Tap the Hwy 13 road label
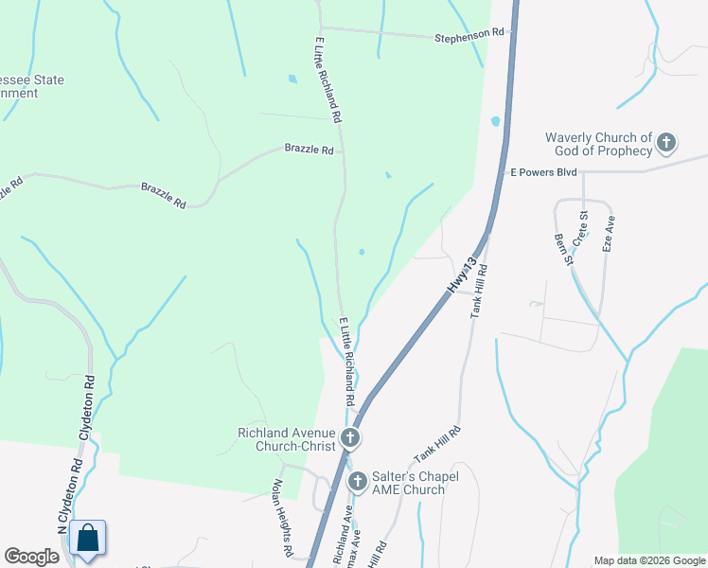[x=461, y=271]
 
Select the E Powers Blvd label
[x=543, y=173]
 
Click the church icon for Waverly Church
[x=666, y=144]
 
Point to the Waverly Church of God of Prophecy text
[x=599, y=144]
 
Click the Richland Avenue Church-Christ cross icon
[x=350, y=437]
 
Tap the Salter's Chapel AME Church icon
[x=358, y=482]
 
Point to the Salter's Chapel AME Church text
[x=407, y=483]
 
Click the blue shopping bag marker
[x=87, y=539]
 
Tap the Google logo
[x=31, y=557]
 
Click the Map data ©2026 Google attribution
[x=648, y=560]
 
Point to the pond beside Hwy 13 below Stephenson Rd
[x=495, y=121]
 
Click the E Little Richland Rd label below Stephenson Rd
[x=328, y=81]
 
